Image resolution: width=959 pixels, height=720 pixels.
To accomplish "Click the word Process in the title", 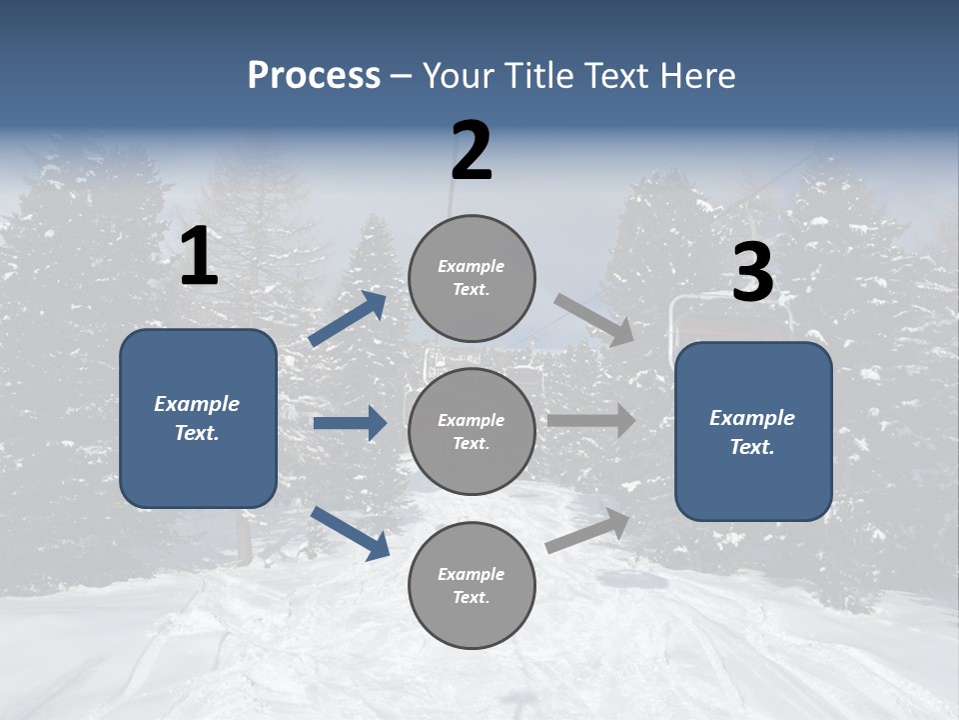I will [x=314, y=76].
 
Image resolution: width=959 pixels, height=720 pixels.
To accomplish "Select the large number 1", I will [x=199, y=257].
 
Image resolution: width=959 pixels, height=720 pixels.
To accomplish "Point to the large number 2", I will [x=472, y=151].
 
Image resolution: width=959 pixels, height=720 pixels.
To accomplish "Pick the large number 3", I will [x=752, y=274].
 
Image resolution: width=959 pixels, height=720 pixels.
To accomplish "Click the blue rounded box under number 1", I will [x=198, y=418].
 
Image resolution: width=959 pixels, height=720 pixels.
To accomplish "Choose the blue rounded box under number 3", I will [x=753, y=431].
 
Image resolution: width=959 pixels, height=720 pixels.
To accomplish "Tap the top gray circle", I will [x=472, y=278].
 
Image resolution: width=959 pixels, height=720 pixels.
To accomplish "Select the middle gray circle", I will [x=472, y=431].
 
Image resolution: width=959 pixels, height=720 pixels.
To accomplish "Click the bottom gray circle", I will [x=472, y=585].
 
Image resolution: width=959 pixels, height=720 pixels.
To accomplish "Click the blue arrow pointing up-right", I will [x=348, y=318].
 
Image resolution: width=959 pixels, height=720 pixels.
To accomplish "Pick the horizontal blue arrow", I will [x=350, y=423].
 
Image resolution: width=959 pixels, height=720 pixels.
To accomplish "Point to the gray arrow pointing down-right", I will [x=594, y=319].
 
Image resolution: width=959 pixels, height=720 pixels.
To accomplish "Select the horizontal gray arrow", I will [x=591, y=420].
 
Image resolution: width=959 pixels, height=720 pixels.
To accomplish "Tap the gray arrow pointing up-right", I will [x=588, y=530].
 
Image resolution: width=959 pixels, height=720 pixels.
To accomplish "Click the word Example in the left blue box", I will [x=197, y=404].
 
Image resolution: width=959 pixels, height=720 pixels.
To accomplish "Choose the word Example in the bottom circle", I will [x=472, y=574].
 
